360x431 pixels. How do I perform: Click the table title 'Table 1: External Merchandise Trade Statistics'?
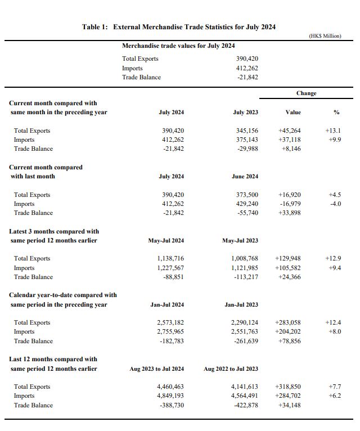click(179, 26)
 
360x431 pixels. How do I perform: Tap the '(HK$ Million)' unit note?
click(325, 36)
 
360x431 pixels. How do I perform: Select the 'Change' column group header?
click(306, 93)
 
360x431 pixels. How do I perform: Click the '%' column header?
click(336, 113)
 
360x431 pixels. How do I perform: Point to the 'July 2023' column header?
click(246, 113)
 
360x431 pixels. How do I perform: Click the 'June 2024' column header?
click(245, 177)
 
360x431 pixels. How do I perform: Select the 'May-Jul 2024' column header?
click(166, 241)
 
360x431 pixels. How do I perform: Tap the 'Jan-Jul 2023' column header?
click(241, 305)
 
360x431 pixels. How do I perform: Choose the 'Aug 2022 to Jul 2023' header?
click(231, 369)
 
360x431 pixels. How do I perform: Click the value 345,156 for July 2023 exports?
click(246, 131)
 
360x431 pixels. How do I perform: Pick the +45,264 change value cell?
click(290, 131)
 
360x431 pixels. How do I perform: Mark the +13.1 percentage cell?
click(333, 131)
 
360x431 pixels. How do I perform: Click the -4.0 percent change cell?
click(335, 204)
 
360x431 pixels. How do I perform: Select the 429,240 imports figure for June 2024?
click(247, 204)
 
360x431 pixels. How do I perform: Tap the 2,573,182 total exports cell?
click(170, 323)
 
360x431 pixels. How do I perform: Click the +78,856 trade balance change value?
click(290, 341)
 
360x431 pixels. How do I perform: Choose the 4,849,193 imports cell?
click(170, 396)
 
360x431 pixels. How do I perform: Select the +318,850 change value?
click(288, 387)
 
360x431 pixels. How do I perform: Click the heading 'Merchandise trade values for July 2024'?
click(178, 46)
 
